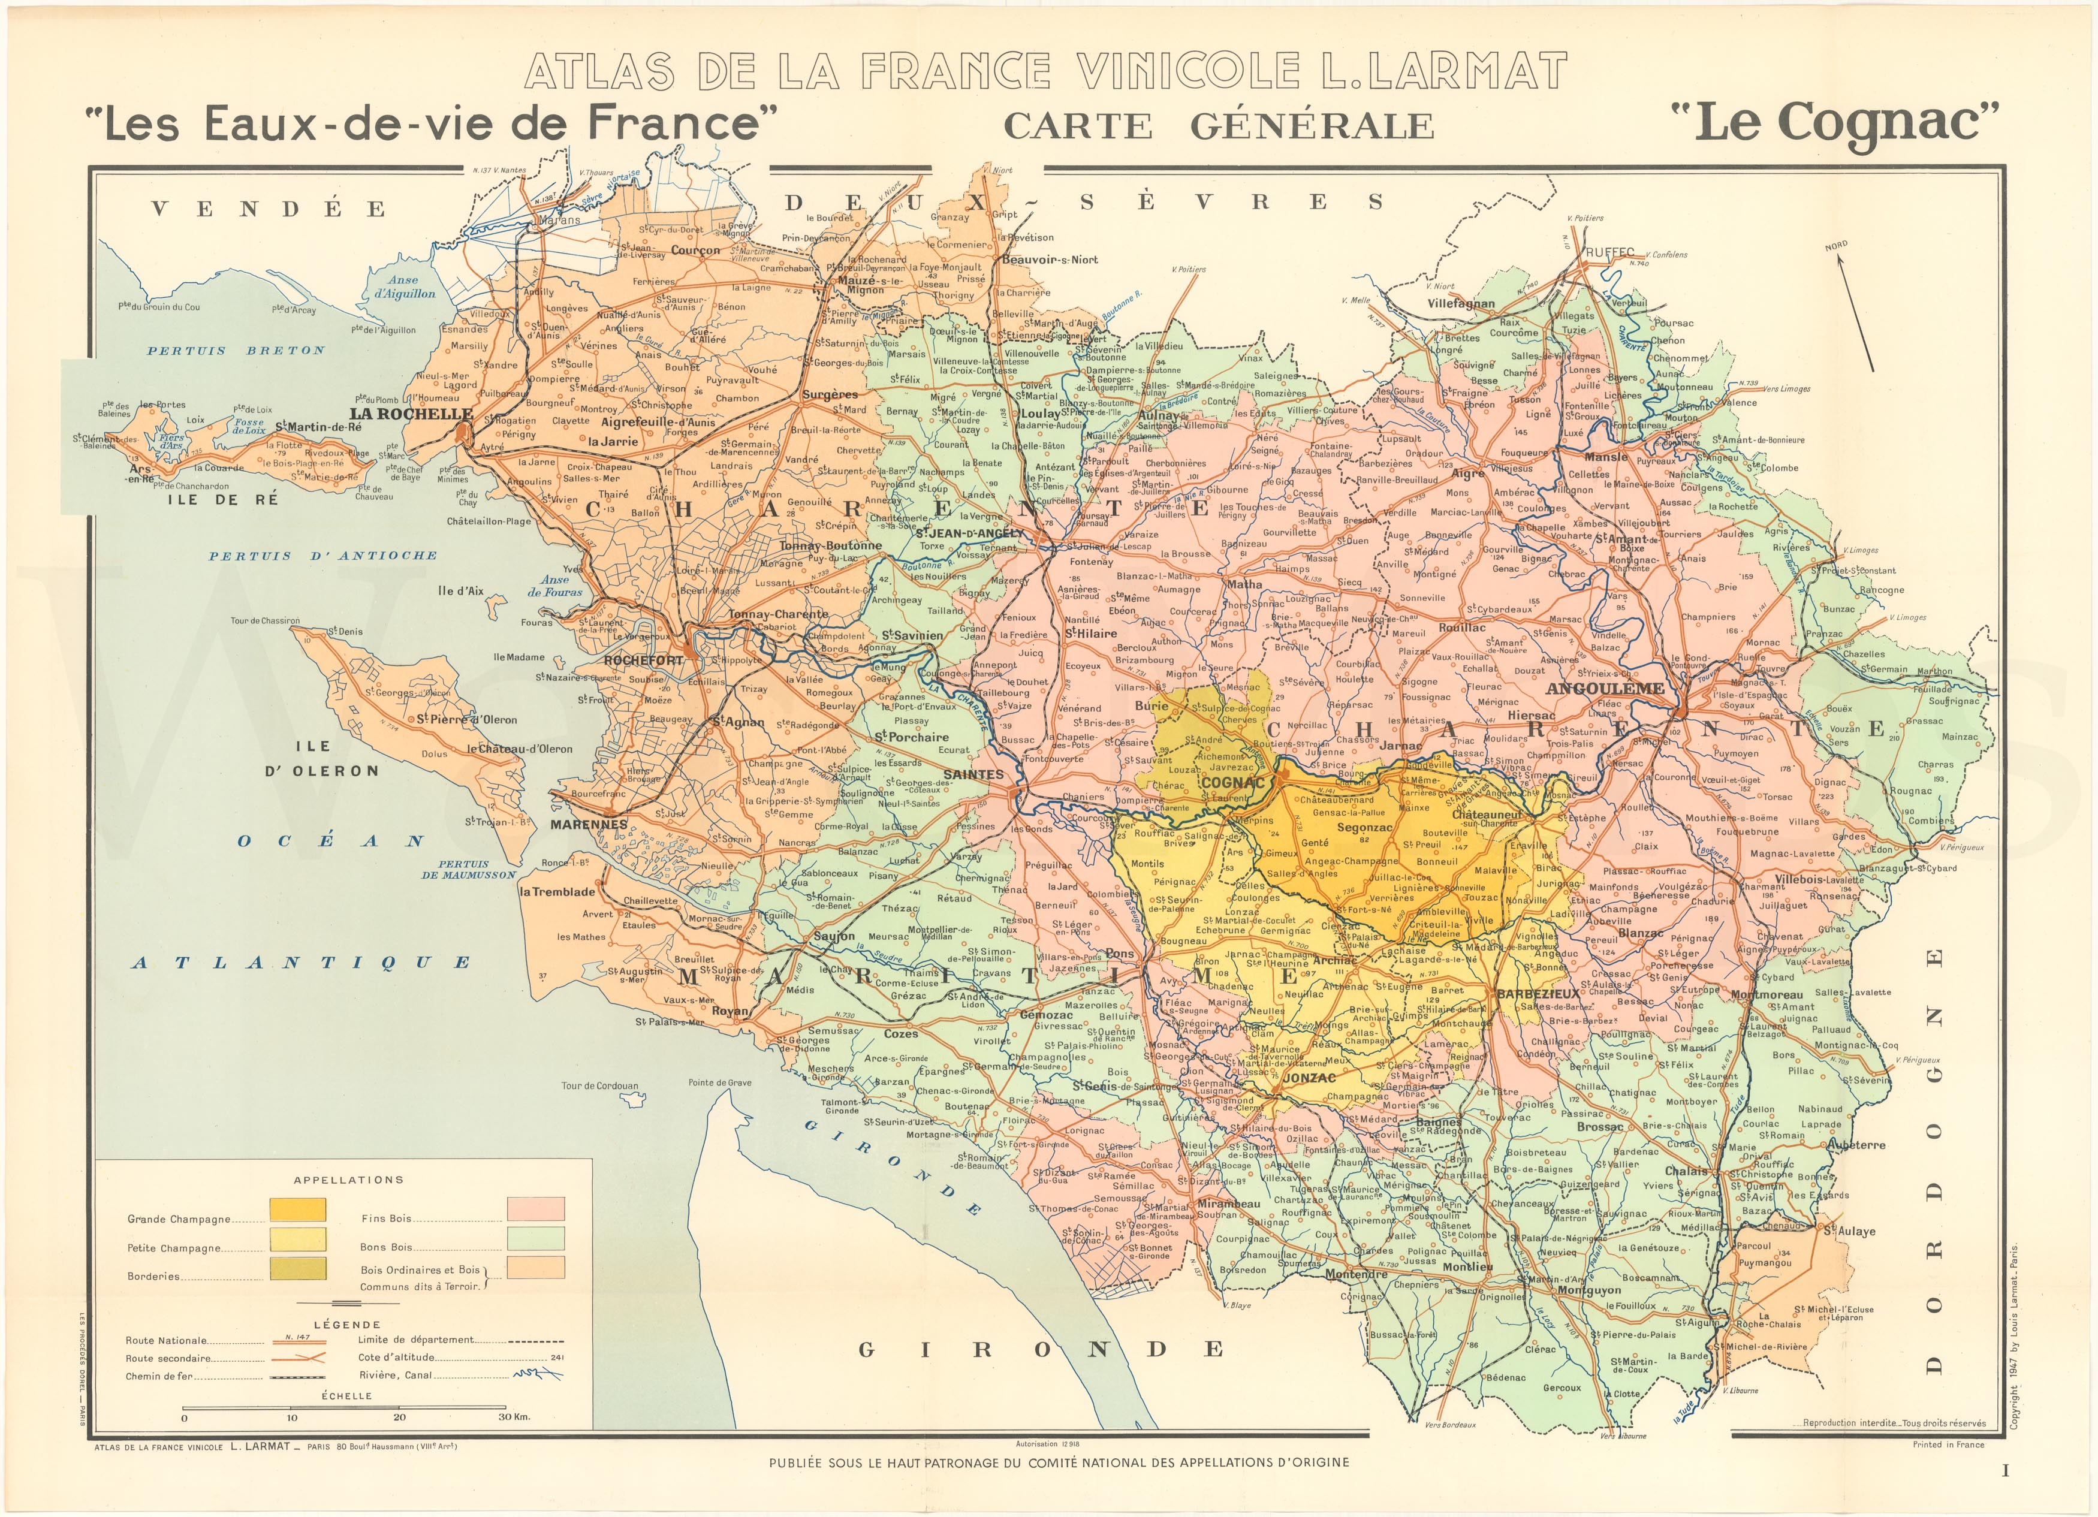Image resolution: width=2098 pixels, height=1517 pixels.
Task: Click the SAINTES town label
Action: point(972,774)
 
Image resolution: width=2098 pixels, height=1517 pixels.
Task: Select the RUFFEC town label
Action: point(1609,252)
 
